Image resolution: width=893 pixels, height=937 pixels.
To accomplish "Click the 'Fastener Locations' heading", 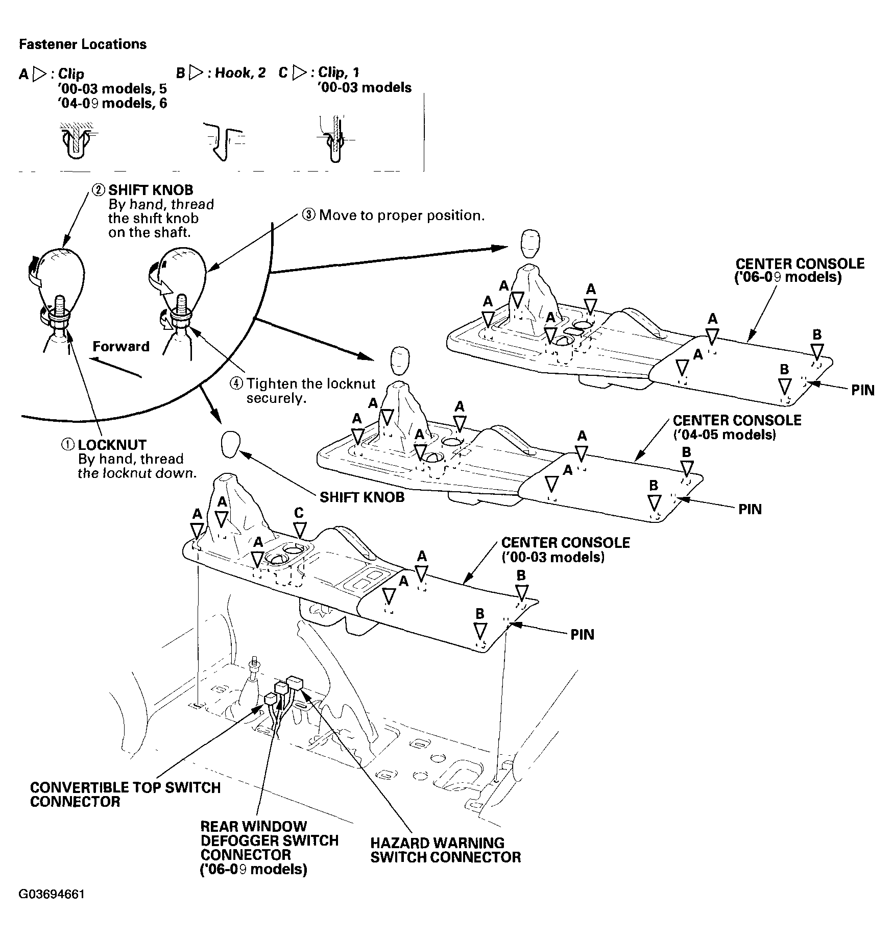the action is click(83, 44).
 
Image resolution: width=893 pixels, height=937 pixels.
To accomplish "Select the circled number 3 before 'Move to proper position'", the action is click(308, 215).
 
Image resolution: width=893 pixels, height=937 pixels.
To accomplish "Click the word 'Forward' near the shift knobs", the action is click(121, 346).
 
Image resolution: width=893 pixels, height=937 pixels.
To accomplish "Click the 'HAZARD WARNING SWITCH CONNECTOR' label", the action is click(446, 850).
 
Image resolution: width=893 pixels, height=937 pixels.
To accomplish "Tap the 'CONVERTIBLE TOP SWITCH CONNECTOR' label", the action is click(126, 794).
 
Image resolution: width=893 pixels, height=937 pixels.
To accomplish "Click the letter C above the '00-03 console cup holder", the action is click(299, 513).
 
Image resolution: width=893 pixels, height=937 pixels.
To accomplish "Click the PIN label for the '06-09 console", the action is click(863, 391).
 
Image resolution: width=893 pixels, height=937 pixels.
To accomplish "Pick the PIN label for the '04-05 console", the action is click(750, 509).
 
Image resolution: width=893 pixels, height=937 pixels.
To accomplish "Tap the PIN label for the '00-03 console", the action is click(583, 634).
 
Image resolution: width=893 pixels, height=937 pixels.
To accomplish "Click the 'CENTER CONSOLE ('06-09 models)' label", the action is click(800, 271).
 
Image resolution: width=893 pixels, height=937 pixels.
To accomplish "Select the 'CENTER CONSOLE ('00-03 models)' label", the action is click(566, 549).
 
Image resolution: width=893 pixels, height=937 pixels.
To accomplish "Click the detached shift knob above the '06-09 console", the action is click(530, 244).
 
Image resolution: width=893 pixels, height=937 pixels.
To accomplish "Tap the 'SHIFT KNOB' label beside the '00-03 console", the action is click(362, 497).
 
